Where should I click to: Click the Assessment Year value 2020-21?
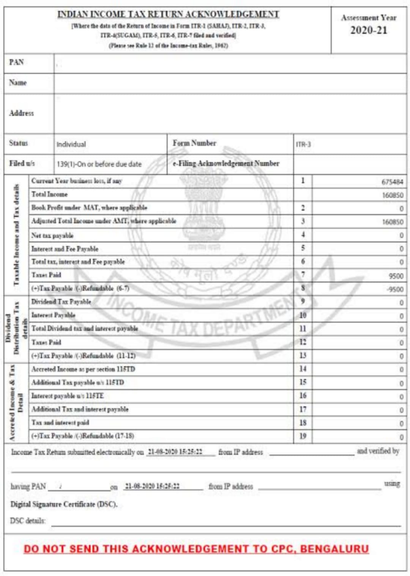369,30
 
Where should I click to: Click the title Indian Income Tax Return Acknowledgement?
168,14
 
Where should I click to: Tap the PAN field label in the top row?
16,62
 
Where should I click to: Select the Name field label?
18,83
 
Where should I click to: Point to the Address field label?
21,113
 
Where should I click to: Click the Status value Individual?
71,144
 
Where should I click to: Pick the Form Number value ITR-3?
303,144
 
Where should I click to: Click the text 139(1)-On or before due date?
99,164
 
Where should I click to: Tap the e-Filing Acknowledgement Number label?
226,163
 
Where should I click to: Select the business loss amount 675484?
392,182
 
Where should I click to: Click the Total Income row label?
49,194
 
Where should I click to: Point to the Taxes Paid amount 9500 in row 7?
396,276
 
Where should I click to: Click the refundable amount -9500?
395,289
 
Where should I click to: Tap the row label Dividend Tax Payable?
61,302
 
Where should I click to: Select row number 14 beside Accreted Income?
303,369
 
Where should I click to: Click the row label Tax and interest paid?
60,422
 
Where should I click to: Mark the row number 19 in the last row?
303,436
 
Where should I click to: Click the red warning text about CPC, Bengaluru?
196,549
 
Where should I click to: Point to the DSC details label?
28,521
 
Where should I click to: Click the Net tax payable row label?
52,235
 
